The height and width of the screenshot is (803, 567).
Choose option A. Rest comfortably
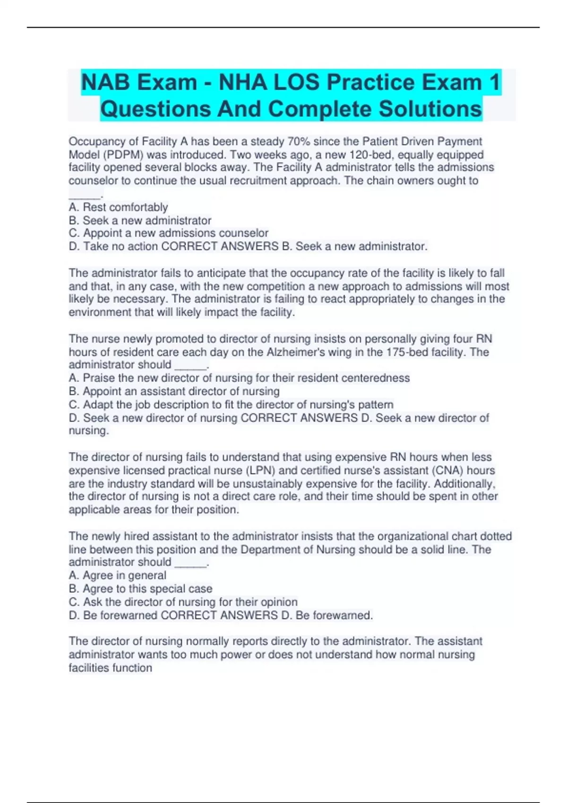click(x=118, y=207)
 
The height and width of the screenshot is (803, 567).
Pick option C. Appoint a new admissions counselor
click(x=168, y=233)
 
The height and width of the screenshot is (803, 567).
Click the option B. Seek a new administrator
click(x=140, y=221)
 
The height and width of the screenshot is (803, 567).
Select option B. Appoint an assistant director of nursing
click(x=174, y=391)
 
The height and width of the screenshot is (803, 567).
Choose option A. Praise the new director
click(x=239, y=378)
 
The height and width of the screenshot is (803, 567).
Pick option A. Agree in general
click(x=117, y=575)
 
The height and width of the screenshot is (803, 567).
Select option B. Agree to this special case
click(x=140, y=589)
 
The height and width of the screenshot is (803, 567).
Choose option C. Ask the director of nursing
click(x=183, y=602)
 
